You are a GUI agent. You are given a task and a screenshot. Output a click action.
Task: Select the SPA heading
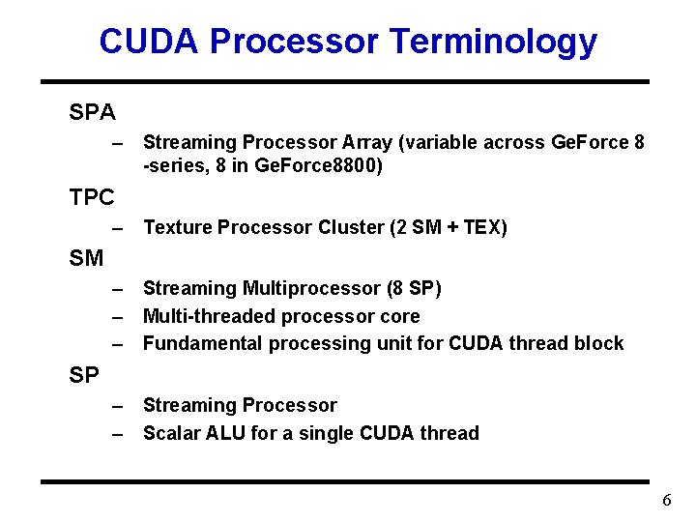tap(93, 113)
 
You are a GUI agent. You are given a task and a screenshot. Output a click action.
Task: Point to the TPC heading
tap(92, 198)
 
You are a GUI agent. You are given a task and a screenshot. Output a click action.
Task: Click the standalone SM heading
tap(86, 258)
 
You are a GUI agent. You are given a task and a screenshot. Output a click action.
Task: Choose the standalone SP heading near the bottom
tap(84, 375)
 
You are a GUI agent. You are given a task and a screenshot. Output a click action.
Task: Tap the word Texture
tap(178, 227)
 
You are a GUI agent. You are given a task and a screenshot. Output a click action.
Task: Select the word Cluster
tap(351, 227)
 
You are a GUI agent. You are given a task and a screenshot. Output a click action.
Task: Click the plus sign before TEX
tap(452, 228)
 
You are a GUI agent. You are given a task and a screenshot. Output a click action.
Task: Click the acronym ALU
tap(226, 433)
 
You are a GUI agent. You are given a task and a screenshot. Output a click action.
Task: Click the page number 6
tap(667, 501)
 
